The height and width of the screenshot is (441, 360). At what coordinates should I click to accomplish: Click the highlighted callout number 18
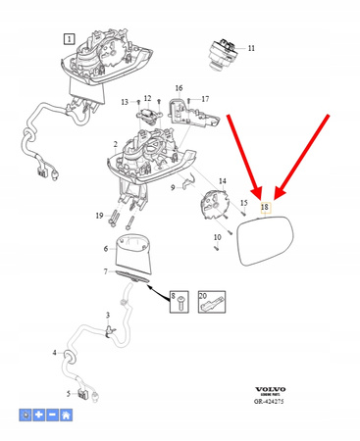(263, 208)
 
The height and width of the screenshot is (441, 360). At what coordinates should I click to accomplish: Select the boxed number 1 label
(69, 39)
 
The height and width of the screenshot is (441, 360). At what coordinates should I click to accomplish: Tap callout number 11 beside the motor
(250, 48)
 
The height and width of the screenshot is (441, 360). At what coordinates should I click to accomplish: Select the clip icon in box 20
(209, 302)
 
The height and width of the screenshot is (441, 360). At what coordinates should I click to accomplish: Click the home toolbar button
(65, 416)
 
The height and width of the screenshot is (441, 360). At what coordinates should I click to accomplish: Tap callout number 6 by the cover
(107, 248)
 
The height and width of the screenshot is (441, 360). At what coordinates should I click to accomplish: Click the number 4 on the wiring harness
(54, 352)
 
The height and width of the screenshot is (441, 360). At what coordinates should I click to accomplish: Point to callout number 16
(179, 88)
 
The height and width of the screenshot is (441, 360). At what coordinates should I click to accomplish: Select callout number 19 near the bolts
(99, 215)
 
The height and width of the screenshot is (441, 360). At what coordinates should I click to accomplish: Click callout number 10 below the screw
(217, 238)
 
